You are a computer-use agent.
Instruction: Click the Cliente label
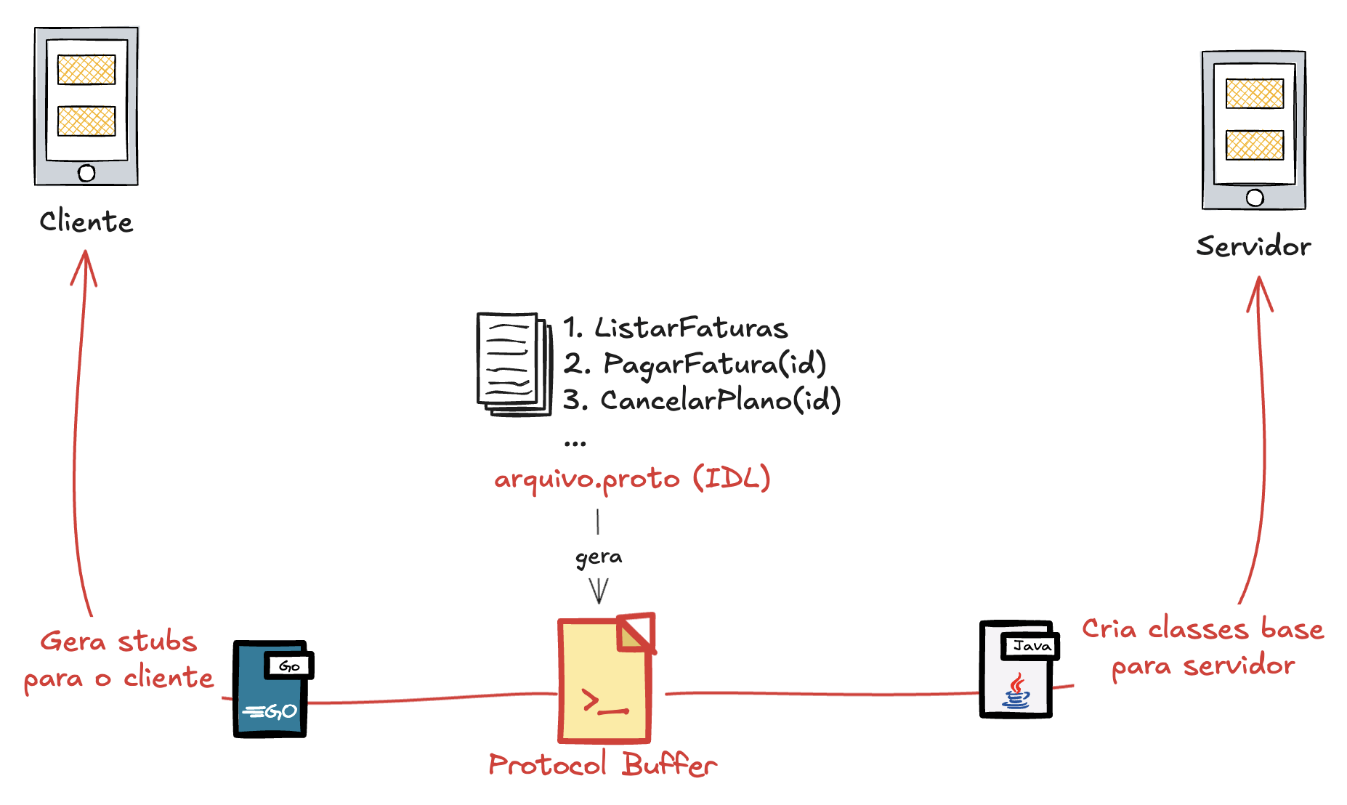86,222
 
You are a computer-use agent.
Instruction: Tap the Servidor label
1253,246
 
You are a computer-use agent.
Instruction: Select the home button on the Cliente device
86,173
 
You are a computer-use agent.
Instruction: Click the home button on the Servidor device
1254,198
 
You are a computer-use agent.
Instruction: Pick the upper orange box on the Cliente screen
86,70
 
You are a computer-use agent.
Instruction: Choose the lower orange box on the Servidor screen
1254,145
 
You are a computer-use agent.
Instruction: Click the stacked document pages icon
513,364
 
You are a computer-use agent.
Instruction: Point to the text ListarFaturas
690,328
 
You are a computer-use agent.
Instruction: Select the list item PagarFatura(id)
715,364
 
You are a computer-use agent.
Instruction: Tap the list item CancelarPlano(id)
720,400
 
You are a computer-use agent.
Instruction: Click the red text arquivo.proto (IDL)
631,479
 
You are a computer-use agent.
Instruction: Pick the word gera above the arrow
599,557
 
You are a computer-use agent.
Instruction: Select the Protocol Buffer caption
602,764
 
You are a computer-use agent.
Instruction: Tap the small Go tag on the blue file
289,666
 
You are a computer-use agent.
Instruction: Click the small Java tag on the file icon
1031,646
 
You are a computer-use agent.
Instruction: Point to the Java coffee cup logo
1016,692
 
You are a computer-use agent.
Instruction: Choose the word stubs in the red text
157,642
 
